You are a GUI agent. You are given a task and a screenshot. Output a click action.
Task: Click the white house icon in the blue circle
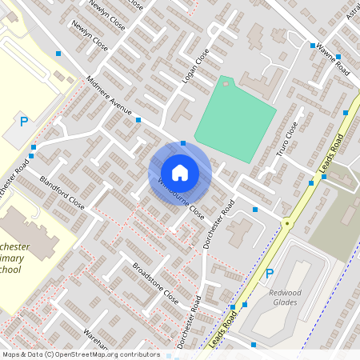(x=180, y=173)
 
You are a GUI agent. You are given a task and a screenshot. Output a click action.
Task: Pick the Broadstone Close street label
(x=155, y=281)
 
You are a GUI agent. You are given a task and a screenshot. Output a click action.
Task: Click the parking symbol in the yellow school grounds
(x=24, y=122)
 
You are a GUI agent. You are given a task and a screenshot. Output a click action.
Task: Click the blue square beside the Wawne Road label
(x=312, y=46)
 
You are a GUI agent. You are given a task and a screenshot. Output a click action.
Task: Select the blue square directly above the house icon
(x=183, y=143)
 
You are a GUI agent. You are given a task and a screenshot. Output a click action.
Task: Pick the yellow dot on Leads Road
(x=286, y=223)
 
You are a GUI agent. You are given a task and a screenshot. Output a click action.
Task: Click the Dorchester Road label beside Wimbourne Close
(x=218, y=223)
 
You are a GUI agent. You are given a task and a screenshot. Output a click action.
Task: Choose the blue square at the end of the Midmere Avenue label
(x=138, y=120)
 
